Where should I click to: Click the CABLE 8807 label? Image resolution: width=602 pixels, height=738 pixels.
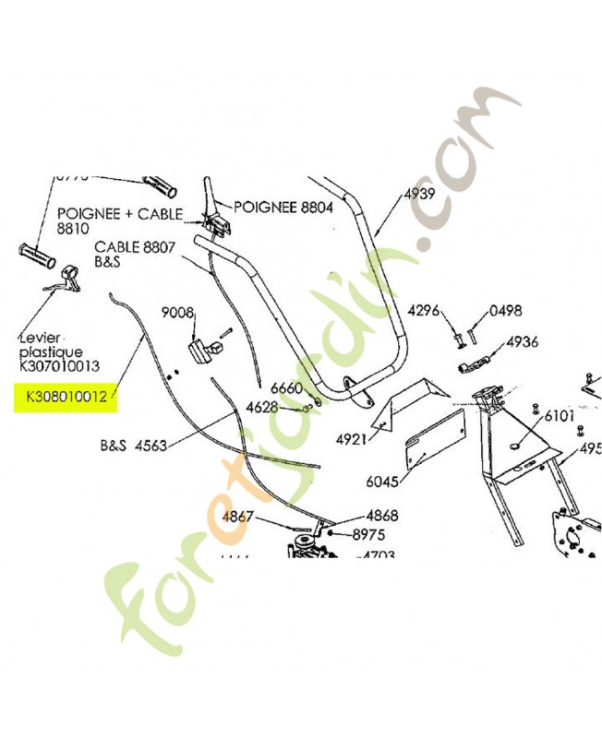click(x=136, y=247)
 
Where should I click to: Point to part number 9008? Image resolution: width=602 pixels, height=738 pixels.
click(x=177, y=314)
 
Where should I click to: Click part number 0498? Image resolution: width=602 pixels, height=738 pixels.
click(x=506, y=310)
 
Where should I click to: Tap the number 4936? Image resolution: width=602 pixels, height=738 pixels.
click(x=523, y=342)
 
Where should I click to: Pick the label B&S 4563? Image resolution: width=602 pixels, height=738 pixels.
click(x=133, y=446)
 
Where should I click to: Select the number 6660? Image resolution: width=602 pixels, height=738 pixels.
click(x=286, y=388)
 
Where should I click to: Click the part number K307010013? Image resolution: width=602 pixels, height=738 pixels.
click(x=59, y=366)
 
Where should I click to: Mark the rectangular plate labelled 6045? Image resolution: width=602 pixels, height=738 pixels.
click(x=433, y=442)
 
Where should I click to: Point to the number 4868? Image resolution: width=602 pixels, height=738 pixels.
click(x=356, y=516)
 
